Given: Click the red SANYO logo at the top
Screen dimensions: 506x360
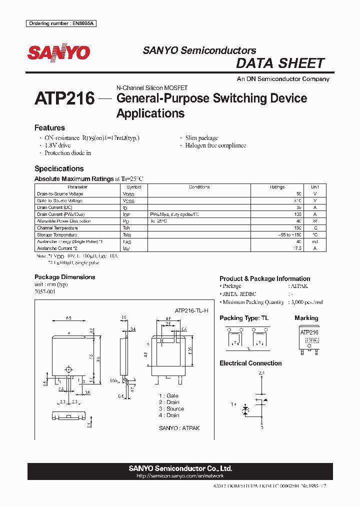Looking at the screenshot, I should pos(58,53).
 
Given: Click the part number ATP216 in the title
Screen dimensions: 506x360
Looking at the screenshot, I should pos(64,98).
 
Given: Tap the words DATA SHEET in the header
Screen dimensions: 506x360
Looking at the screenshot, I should pos(280,63).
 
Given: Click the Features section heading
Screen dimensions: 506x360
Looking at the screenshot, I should pos(49,128).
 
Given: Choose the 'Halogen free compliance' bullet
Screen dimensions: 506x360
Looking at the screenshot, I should pos(215,145).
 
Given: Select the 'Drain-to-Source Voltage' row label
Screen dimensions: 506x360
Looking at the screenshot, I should pos(60,194).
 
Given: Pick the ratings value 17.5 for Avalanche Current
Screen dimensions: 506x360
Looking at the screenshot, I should pos(296,248).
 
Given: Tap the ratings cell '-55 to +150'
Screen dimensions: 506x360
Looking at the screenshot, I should pos(290,234).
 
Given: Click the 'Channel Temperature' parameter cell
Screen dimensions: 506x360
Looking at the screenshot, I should pos(56,228).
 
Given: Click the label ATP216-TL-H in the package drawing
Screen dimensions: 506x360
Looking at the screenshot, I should pos(191,310).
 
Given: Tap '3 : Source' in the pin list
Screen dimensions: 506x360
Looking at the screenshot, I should pos(171,408).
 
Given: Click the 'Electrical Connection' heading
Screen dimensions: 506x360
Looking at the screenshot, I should pos(250,363).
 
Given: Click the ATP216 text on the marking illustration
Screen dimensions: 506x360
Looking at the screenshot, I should pos(309,332).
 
